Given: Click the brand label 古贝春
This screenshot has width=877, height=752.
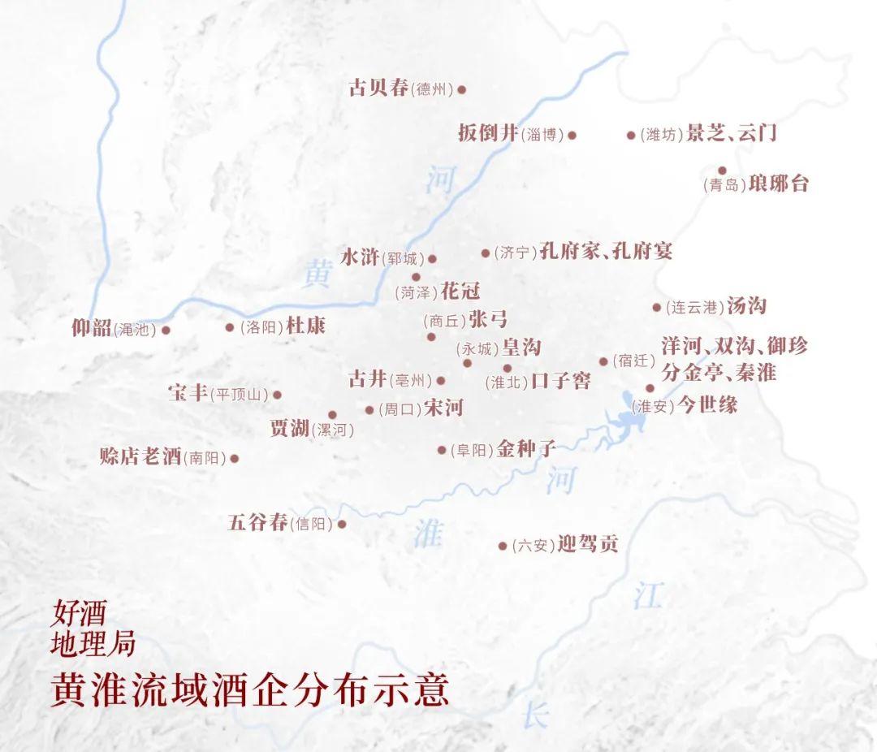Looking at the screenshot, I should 378,88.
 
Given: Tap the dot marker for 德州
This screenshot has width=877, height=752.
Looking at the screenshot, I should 462,89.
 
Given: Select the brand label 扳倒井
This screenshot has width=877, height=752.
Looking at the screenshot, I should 487,133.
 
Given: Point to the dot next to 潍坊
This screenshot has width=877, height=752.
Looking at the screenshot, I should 631,135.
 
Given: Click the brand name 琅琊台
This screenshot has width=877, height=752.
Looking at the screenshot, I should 778,183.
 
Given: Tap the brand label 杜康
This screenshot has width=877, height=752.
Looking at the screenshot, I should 305,326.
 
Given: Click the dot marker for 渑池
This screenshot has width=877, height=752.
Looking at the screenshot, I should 166,330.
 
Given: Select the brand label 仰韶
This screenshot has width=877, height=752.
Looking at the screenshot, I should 92,328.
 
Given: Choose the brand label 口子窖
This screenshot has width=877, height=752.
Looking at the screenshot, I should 560,380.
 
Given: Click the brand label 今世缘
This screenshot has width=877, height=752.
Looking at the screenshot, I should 707,404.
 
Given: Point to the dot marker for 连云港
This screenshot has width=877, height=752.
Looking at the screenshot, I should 657,307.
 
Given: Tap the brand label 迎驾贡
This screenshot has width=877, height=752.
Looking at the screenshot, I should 588,543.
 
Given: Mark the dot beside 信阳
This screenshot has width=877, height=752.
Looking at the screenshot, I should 342,524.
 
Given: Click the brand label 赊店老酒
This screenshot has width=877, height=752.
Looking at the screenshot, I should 140,456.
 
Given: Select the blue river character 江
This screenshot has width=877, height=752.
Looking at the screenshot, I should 648,595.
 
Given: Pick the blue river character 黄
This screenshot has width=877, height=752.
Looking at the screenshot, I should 317,275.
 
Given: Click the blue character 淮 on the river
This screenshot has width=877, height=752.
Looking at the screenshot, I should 428,534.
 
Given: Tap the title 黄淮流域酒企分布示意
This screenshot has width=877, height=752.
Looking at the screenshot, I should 249,690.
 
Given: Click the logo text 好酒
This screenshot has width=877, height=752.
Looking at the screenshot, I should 79,612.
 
